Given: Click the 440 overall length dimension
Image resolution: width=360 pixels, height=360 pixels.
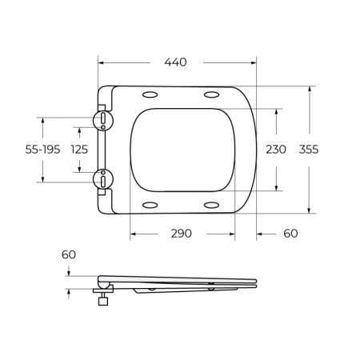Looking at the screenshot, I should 177,60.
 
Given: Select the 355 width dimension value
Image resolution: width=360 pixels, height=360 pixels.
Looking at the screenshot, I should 309,150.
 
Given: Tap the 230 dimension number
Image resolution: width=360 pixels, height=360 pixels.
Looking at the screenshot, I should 276,150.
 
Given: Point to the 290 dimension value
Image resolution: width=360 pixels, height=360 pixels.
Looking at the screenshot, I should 181,234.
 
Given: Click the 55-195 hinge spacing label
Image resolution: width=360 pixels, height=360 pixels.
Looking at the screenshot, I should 43,150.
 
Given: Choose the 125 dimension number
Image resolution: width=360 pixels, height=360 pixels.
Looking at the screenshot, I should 79,150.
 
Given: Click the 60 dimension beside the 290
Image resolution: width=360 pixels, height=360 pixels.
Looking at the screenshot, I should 289,234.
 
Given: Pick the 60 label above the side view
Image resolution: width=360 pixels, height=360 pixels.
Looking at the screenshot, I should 68,254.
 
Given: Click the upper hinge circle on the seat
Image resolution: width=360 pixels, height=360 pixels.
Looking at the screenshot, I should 103,119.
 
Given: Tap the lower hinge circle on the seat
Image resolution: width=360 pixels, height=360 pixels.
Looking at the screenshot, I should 103,180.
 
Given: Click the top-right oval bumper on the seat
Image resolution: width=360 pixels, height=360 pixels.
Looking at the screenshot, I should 212,95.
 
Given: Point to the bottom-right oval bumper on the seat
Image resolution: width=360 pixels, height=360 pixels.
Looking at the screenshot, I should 212,206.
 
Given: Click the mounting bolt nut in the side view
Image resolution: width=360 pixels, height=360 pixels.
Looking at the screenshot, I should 102,302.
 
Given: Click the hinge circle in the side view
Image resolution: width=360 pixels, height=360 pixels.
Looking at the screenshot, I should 102,281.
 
